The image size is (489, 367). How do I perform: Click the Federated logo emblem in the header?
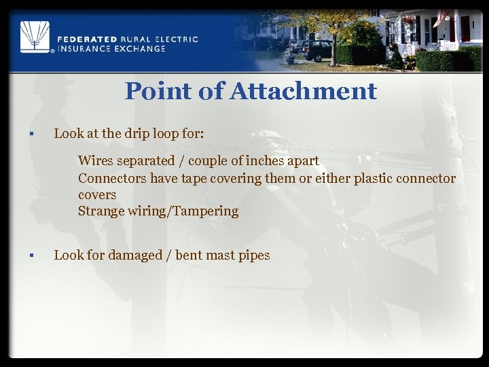coord(34,37)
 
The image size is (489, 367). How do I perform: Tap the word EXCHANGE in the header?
coord(141,49)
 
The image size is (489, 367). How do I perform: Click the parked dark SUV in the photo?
coord(314,50)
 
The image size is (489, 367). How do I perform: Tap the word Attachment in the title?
coord(303,91)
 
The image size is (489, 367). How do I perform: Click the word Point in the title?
coord(160,91)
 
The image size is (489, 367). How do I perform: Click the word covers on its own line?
coord(97,194)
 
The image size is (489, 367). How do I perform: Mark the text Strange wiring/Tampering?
coord(158,211)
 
